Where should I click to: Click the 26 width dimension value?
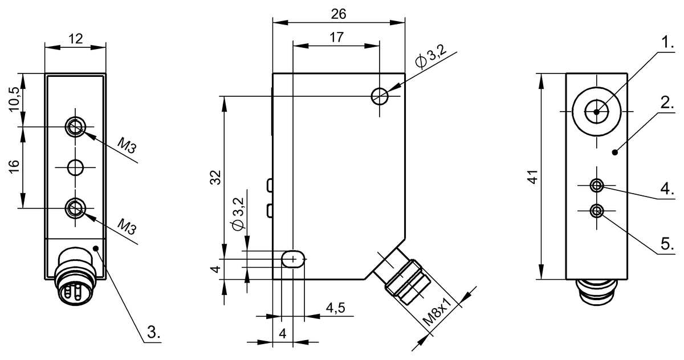click(x=339, y=14)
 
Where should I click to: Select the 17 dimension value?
click(x=336, y=37)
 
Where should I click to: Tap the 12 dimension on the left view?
click(x=75, y=39)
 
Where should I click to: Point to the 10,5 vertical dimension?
click(x=14, y=99)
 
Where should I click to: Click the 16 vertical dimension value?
click(x=14, y=166)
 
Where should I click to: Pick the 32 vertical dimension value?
click(x=215, y=177)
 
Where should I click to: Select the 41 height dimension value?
click(x=532, y=177)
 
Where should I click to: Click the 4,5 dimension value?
click(x=335, y=308)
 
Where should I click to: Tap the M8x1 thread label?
click(x=437, y=312)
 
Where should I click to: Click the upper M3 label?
click(x=127, y=145)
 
